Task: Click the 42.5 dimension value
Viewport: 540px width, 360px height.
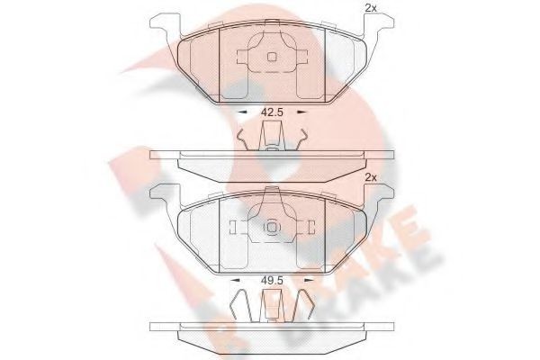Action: click(x=272, y=112)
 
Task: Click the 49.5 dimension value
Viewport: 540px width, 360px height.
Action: click(x=272, y=281)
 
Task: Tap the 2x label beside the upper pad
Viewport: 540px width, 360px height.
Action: click(x=371, y=8)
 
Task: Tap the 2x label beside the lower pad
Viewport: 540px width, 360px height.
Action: click(x=371, y=177)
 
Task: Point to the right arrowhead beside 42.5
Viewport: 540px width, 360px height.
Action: click(x=301, y=112)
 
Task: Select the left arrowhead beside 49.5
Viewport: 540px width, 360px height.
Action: click(x=235, y=280)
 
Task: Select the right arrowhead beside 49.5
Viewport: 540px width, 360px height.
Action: click(x=310, y=280)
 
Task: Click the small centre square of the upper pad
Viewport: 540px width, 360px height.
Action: click(x=272, y=57)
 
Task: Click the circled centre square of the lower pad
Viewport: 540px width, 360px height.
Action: click(x=272, y=228)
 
